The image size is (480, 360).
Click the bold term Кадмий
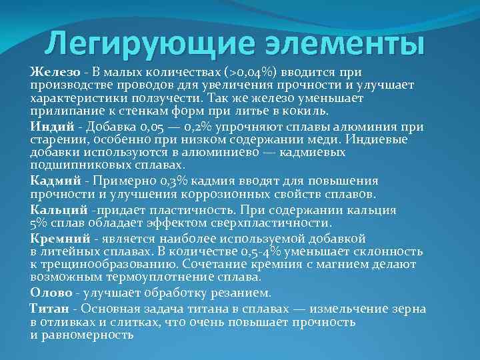56,181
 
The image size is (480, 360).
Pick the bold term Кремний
60,237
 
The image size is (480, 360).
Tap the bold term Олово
51,293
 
